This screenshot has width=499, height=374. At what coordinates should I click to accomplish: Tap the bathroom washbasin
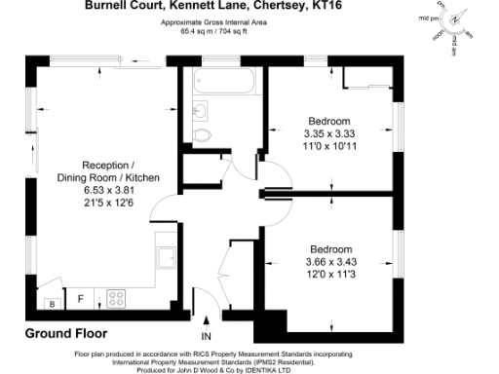tap(203, 109)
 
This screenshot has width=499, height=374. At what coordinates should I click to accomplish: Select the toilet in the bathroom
tap(204, 133)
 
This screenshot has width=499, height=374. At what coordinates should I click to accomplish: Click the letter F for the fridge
tap(81, 296)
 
